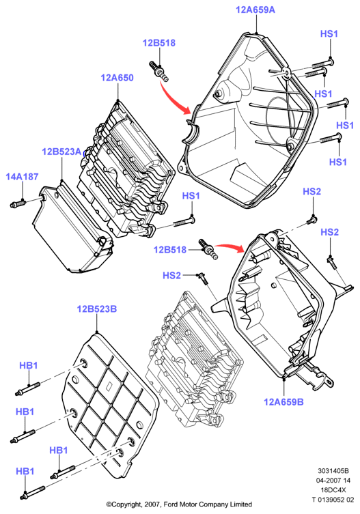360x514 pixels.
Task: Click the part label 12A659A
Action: [x=255, y=10]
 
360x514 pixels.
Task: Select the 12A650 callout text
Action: [x=117, y=78]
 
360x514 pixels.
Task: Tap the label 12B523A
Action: [x=61, y=152]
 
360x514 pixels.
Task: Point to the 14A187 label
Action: [x=22, y=177]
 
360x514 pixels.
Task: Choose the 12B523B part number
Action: [x=97, y=309]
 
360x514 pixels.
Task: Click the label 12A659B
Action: [x=284, y=402]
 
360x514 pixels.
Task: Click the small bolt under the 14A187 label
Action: [x=18, y=205]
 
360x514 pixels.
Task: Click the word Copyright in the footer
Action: [x=126, y=504]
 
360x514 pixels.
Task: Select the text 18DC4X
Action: [x=333, y=489]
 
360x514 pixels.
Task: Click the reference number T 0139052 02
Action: [x=333, y=500]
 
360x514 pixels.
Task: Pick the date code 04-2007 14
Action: [x=333, y=481]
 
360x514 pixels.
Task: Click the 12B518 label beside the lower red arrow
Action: [x=170, y=250]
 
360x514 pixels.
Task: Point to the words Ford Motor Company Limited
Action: [x=208, y=504]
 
